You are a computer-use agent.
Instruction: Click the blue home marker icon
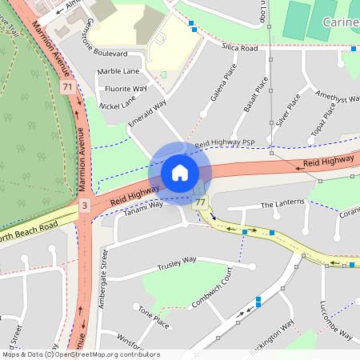180,173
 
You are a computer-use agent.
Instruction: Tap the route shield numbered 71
68,86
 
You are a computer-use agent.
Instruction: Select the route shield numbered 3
84,206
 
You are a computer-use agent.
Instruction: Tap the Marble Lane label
118,71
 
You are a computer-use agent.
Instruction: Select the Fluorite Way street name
126,88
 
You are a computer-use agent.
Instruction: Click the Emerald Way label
147,113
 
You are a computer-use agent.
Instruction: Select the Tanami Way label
145,205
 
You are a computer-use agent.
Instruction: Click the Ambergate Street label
103,273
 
